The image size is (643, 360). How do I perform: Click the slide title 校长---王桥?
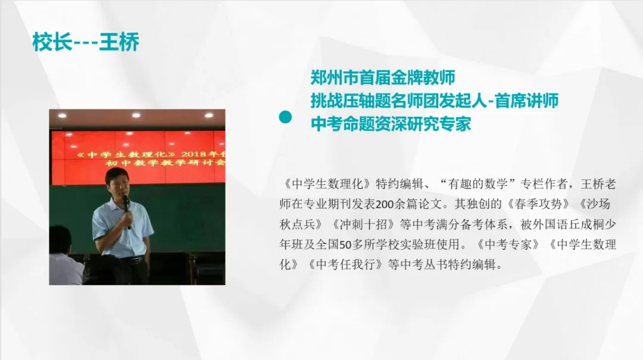pyautogui.click(x=86, y=43)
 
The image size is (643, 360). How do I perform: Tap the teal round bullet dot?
pyautogui.click(x=286, y=118)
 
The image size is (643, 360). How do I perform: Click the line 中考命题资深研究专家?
pyautogui.click(x=391, y=124)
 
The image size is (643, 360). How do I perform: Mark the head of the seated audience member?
pyautogui.click(x=60, y=239)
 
